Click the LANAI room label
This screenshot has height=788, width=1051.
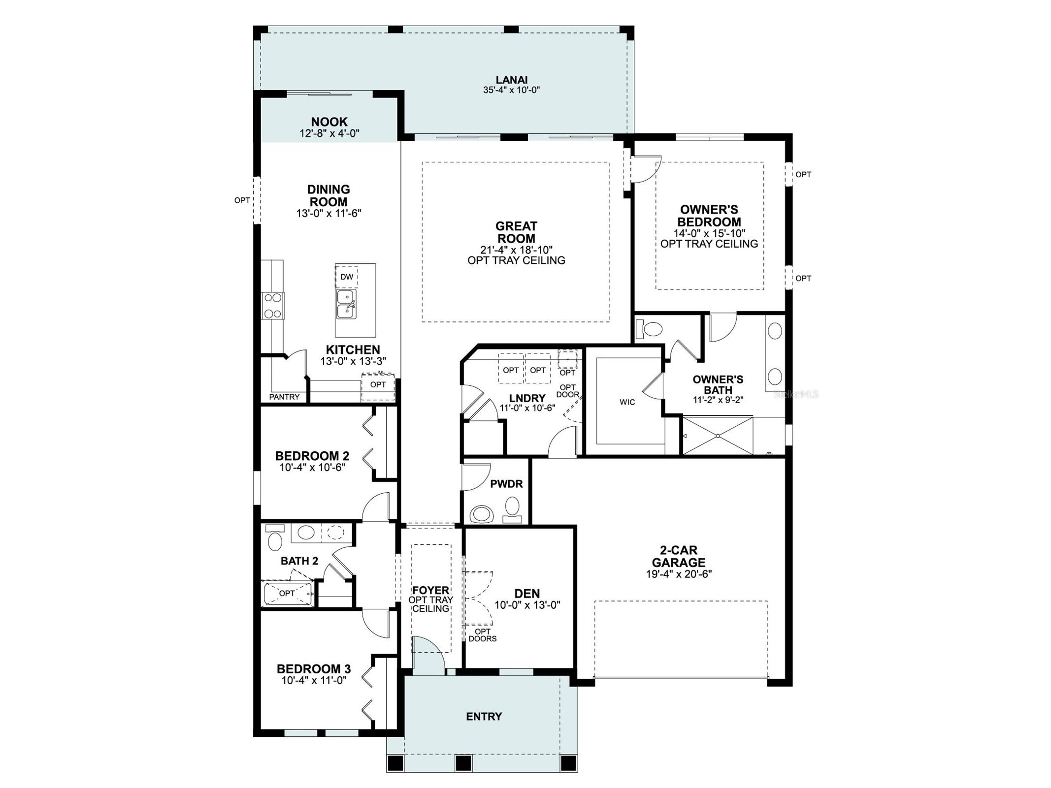pos(511,80)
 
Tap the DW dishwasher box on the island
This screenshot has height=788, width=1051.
pos(347,277)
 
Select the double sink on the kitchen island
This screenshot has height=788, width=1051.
pos(346,304)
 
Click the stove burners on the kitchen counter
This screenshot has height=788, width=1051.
pos(272,306)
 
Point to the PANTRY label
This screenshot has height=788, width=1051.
pos(284,397)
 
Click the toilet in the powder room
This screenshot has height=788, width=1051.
pos(512,508)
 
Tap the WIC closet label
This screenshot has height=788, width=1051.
pos(627,402)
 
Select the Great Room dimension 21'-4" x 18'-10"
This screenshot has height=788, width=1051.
pos(516,250)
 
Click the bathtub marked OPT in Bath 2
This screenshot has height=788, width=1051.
pos(288,594)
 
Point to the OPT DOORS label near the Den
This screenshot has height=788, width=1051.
pos(482,635)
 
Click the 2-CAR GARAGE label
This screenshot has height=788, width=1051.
pos(678,556)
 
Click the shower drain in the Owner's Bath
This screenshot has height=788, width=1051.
pos(718,436)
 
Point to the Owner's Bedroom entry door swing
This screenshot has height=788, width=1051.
pos(645,170)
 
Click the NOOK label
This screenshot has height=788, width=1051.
pos(329,122)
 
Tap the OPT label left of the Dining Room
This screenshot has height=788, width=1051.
pos(242,200)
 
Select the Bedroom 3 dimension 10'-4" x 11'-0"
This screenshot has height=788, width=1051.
pos(314,680)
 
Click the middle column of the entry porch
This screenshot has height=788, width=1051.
pos(463,763)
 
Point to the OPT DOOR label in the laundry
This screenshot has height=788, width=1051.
pos(567,391)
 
